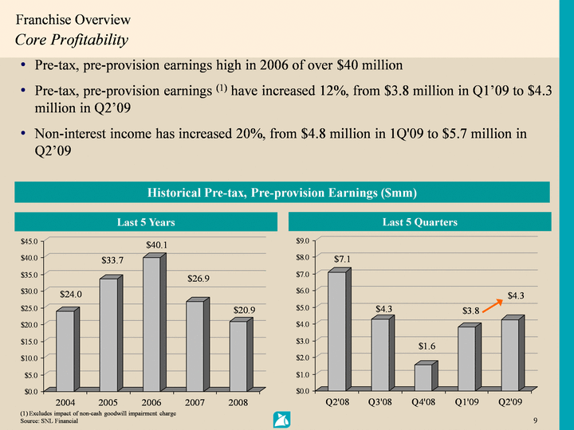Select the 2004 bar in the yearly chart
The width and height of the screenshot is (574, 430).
point(65,350)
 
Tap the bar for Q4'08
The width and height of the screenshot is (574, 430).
point(423,377)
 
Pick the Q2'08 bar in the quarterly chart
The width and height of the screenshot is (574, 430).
point(337,331)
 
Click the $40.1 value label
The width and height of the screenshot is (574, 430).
point(156,244)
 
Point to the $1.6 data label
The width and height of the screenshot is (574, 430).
point(427,346)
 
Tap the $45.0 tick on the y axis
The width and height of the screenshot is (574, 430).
point(33,240)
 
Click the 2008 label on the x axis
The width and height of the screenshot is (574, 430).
point(237,403)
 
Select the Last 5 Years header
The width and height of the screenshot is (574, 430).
point(147,222)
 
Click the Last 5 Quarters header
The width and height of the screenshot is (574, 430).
point(419,222)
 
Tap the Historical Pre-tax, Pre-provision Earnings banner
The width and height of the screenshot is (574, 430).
point(283,192)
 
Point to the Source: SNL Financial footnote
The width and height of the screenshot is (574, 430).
point(50,420)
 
